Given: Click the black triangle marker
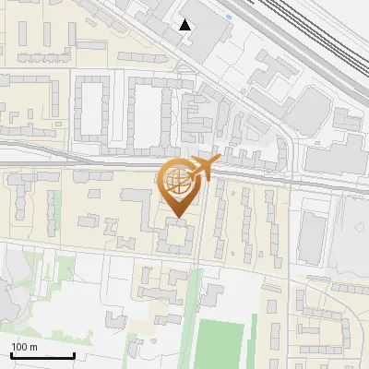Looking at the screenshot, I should click(185, 25).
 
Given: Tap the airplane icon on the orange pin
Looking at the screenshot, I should click(197, 169).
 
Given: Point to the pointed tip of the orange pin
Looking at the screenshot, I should click(177, 219).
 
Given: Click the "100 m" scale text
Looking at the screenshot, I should click(24, 347).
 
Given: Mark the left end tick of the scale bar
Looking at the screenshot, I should click(11, 355).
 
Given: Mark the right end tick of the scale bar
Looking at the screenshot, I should click(73, 355).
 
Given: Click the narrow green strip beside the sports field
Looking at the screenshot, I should click(194, 314).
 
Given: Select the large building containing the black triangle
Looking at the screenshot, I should click(198, 28).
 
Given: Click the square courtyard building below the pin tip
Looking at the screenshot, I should click(174, 237).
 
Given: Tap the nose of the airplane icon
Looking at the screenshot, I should click(214, 161).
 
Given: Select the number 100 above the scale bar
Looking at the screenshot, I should click(19, 347).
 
